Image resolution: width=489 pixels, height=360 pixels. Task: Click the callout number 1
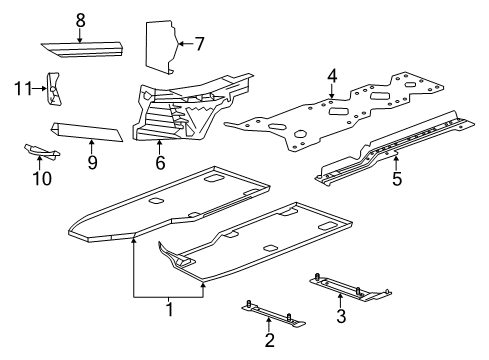169,310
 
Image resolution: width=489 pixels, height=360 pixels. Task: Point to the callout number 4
332,75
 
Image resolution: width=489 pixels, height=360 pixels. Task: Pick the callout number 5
396,180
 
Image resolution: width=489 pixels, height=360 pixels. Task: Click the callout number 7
199,43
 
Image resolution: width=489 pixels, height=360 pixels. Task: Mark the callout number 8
81,19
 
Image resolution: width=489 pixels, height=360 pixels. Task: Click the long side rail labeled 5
400,145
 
